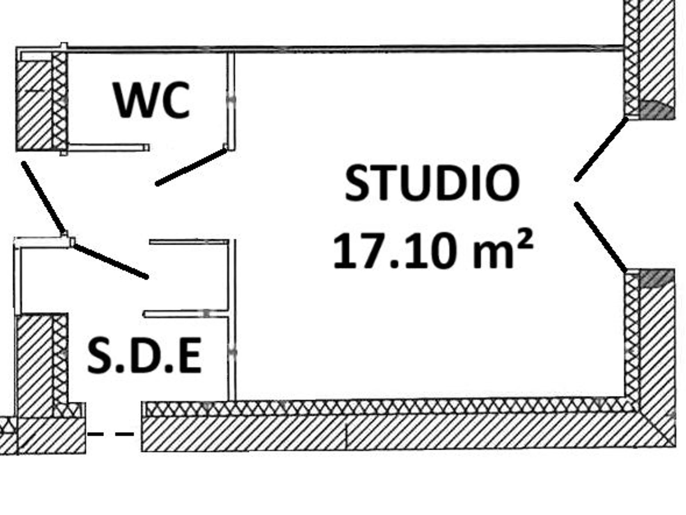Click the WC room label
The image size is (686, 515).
[x=151, y=100]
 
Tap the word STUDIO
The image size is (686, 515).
[x=433, y=183]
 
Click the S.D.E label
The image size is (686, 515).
[x=145, y=356]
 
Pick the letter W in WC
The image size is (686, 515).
[x=135, y=100]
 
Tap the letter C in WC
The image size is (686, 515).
[x=175, y=100]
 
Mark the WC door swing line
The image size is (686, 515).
[x=191, y=167]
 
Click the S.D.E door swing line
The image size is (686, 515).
[x=110, y=260]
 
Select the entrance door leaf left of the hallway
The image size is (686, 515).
[x=44, y=198]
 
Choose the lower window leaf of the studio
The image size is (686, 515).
[x=600, y=237]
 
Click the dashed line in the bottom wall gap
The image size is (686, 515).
[x=110, y=434]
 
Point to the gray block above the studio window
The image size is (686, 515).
[x=657, y=110]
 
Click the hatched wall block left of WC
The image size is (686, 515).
[x=34, y=104]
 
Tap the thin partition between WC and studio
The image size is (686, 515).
[x=231, y=101]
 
